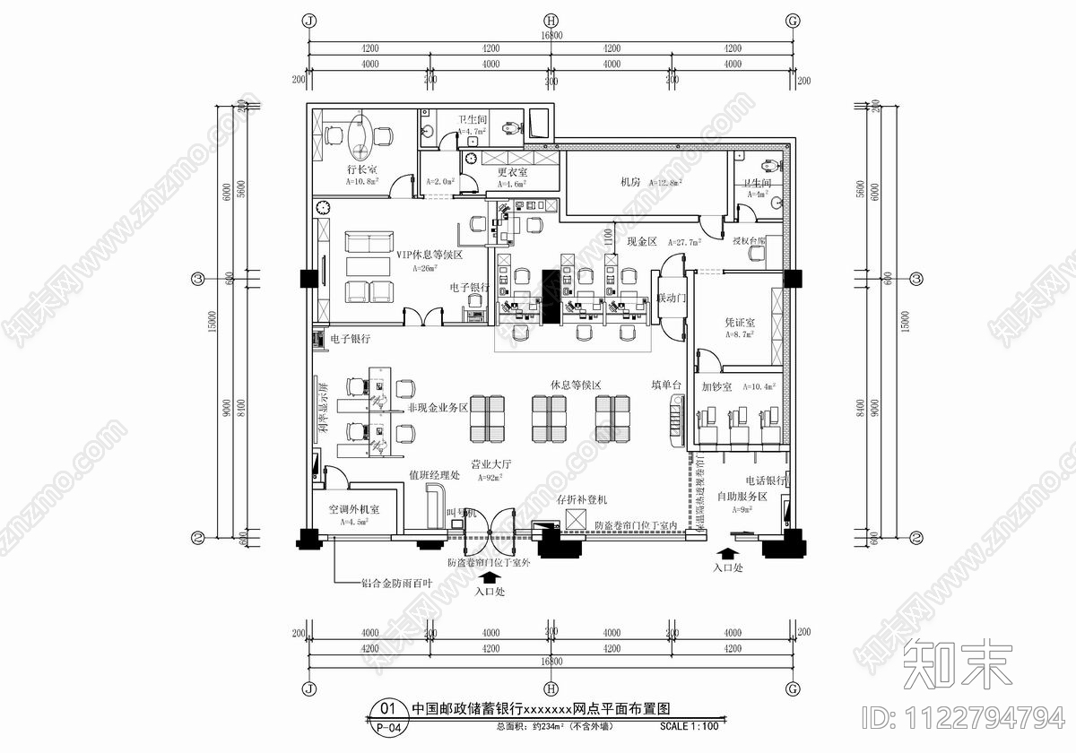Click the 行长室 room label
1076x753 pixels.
point(362,169)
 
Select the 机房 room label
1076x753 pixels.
point(630,182)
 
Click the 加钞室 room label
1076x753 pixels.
point(717,387)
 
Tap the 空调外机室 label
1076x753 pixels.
point(354,509)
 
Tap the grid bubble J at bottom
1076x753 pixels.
point(309,688)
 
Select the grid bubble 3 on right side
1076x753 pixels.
point(916,280)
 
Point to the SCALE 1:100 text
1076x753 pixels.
point(689,726)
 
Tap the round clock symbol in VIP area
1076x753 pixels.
point(323,208)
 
